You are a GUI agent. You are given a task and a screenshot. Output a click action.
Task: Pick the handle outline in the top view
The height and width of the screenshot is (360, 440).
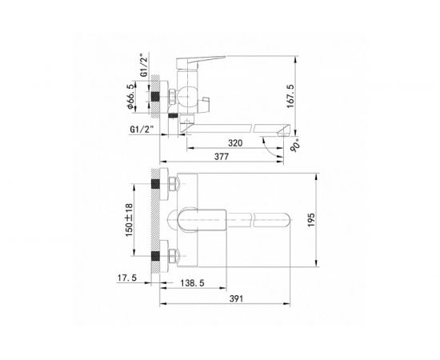click(204, 218)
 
